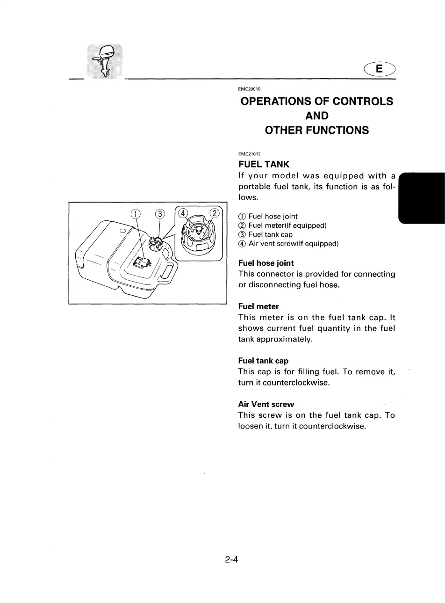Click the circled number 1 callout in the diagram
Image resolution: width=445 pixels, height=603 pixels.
click(x=135, y=214)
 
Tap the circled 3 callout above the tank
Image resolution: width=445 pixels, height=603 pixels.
click(x=160, y=214)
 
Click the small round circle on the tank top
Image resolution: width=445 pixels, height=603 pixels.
click(x=122, y=232)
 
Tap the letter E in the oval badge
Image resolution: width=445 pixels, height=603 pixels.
click(x=379, y=69)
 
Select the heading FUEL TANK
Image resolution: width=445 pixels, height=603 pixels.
click(x=264, y=164)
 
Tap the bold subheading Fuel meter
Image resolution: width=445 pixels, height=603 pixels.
click(x=258, y=306)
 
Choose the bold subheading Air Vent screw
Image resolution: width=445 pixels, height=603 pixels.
click(x=266, y=404)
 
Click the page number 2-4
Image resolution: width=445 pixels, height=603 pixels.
click(x=231, y=559)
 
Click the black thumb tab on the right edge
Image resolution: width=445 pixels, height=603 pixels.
click(x=422, y=197)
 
